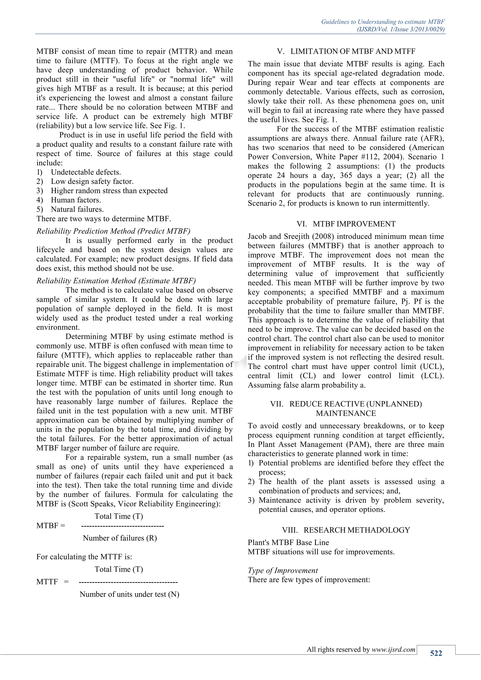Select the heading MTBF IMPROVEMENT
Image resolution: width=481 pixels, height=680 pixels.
pos(354,224)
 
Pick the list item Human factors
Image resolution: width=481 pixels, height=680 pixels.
pos(76,200)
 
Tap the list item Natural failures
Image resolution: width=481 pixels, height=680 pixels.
pos(77,209)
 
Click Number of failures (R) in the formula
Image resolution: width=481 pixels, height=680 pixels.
pos(120,538)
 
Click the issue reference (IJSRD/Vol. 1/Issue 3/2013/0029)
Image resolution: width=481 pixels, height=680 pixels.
pos(400,29)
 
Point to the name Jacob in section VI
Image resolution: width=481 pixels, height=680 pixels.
pos(257,236)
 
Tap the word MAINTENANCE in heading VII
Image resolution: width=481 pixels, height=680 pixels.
pos(346,413)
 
